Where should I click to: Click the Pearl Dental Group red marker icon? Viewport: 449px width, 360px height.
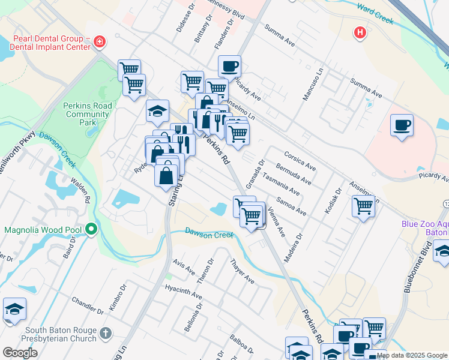pyautogui.click(x=100, y=41)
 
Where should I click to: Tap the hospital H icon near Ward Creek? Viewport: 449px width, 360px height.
pyautogui.click(x=360, y=32)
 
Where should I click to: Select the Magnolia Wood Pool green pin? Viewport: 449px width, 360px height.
pyautogui.click(x=91, y=229)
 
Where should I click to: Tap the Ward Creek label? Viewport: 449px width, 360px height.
pyautogui.click(x=375, y=14)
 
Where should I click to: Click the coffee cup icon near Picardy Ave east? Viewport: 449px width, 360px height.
pyautogui.click(x=402, y=125)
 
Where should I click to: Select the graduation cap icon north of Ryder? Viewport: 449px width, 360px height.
pyautogui.click(x=157, y=110)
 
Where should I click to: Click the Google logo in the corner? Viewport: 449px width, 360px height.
pyautogui.click(x=20, y=352)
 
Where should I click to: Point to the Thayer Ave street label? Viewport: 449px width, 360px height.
pyautogui.click(x=243, y=272)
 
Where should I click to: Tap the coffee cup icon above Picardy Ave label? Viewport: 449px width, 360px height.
pyautogui.click(x=229, y=66)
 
